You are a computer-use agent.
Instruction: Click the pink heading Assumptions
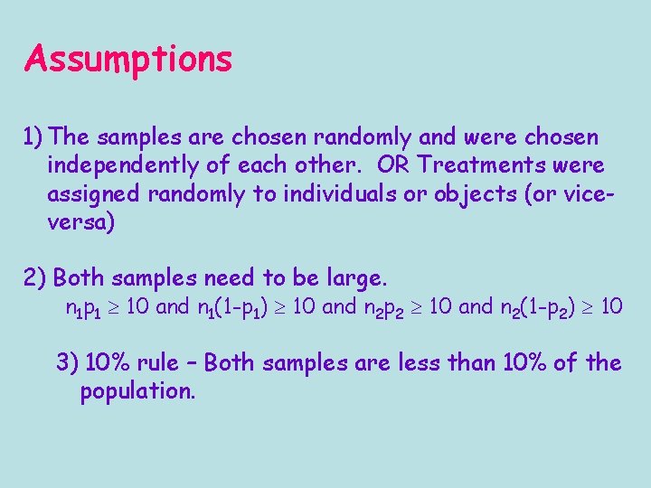point(128,60)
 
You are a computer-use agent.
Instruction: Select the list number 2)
point(37,277)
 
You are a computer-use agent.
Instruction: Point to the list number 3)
point(68,363)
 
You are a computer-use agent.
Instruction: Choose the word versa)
point(81,222)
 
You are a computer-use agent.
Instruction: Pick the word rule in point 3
point(158,363)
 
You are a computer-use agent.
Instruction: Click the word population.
point(137,392)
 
